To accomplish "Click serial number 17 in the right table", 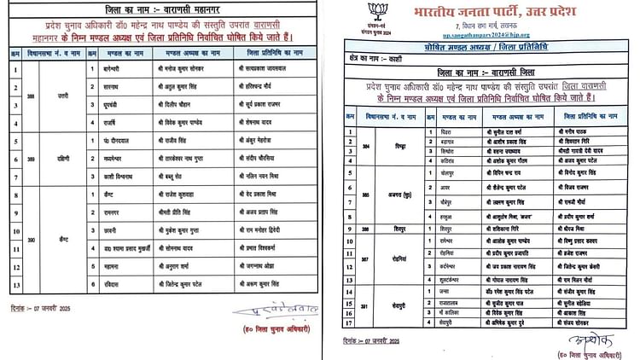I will point(350,322).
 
